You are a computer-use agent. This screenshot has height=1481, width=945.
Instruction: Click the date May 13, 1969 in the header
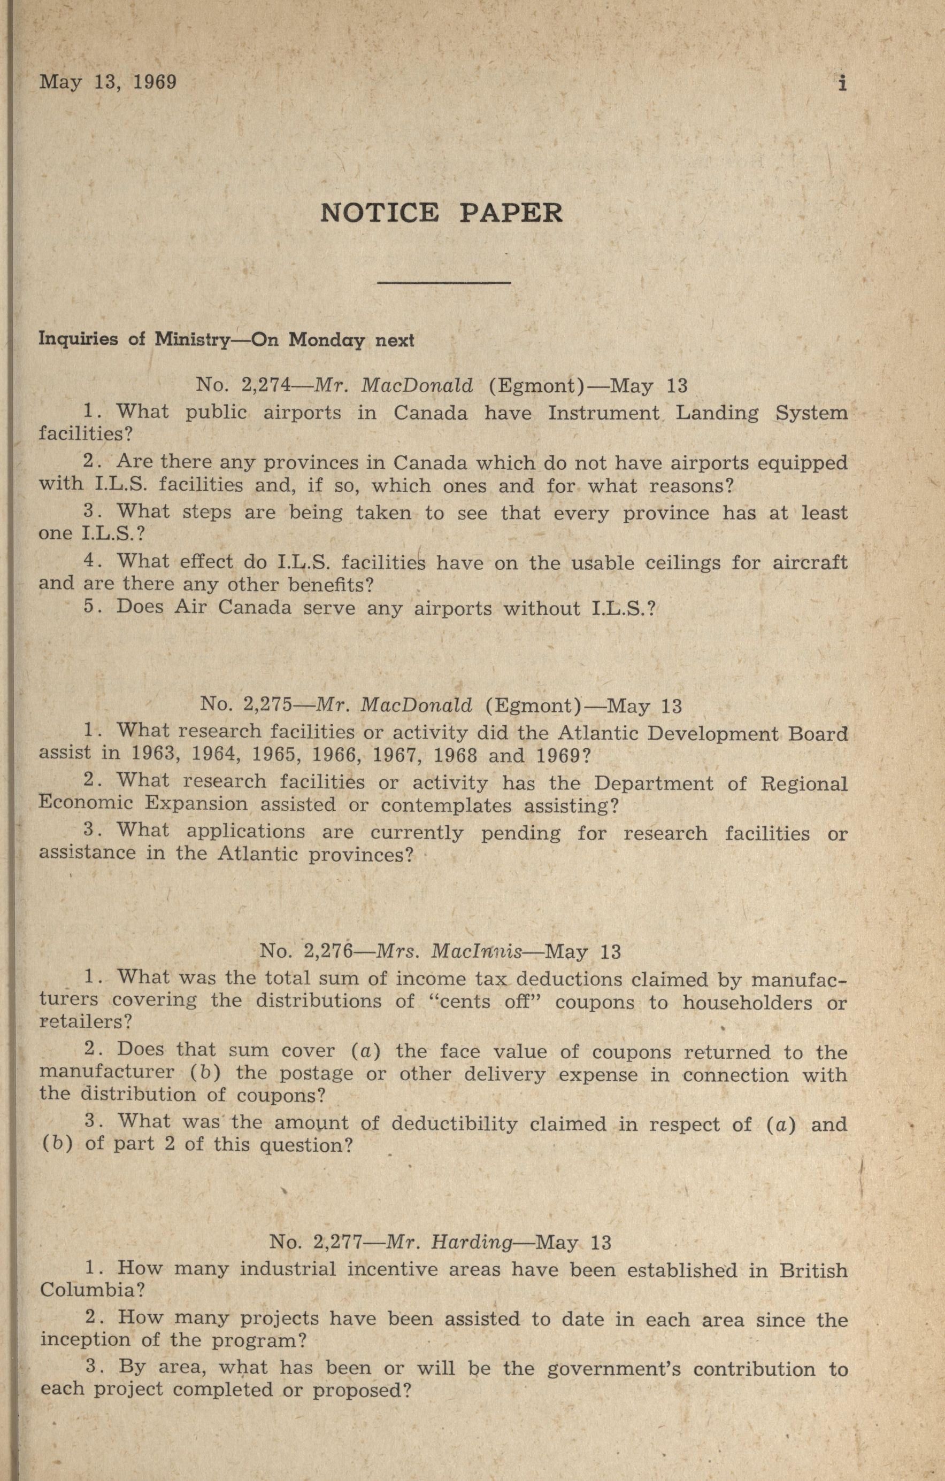(107, 82)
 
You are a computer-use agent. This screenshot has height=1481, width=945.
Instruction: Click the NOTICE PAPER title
(441, 213)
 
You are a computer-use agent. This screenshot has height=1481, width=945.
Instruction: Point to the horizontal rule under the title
(443, 282)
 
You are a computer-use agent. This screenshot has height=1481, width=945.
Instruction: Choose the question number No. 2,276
(306, 952)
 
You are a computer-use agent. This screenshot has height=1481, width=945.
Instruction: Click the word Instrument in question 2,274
(603, 412)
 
